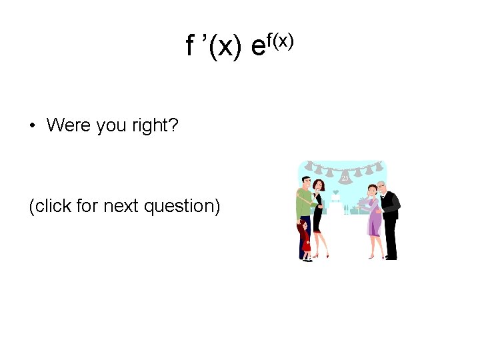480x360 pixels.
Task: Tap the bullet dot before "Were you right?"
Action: pyautogui.click(x=32, y=125)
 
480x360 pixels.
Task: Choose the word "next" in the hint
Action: pyautogui.click(x=119, y=206)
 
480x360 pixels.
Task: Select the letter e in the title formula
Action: pyautogui.click(x=258, y=47)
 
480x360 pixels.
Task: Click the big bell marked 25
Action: pyautogui.click(x=345, y=177)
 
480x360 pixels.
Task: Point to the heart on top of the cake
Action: pyautogui.click(x=336, y=192)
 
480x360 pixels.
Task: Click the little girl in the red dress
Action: pyautogui.click(x=305, y=240)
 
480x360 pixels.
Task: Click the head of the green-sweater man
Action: pyautogui.click(x=305, y=182)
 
